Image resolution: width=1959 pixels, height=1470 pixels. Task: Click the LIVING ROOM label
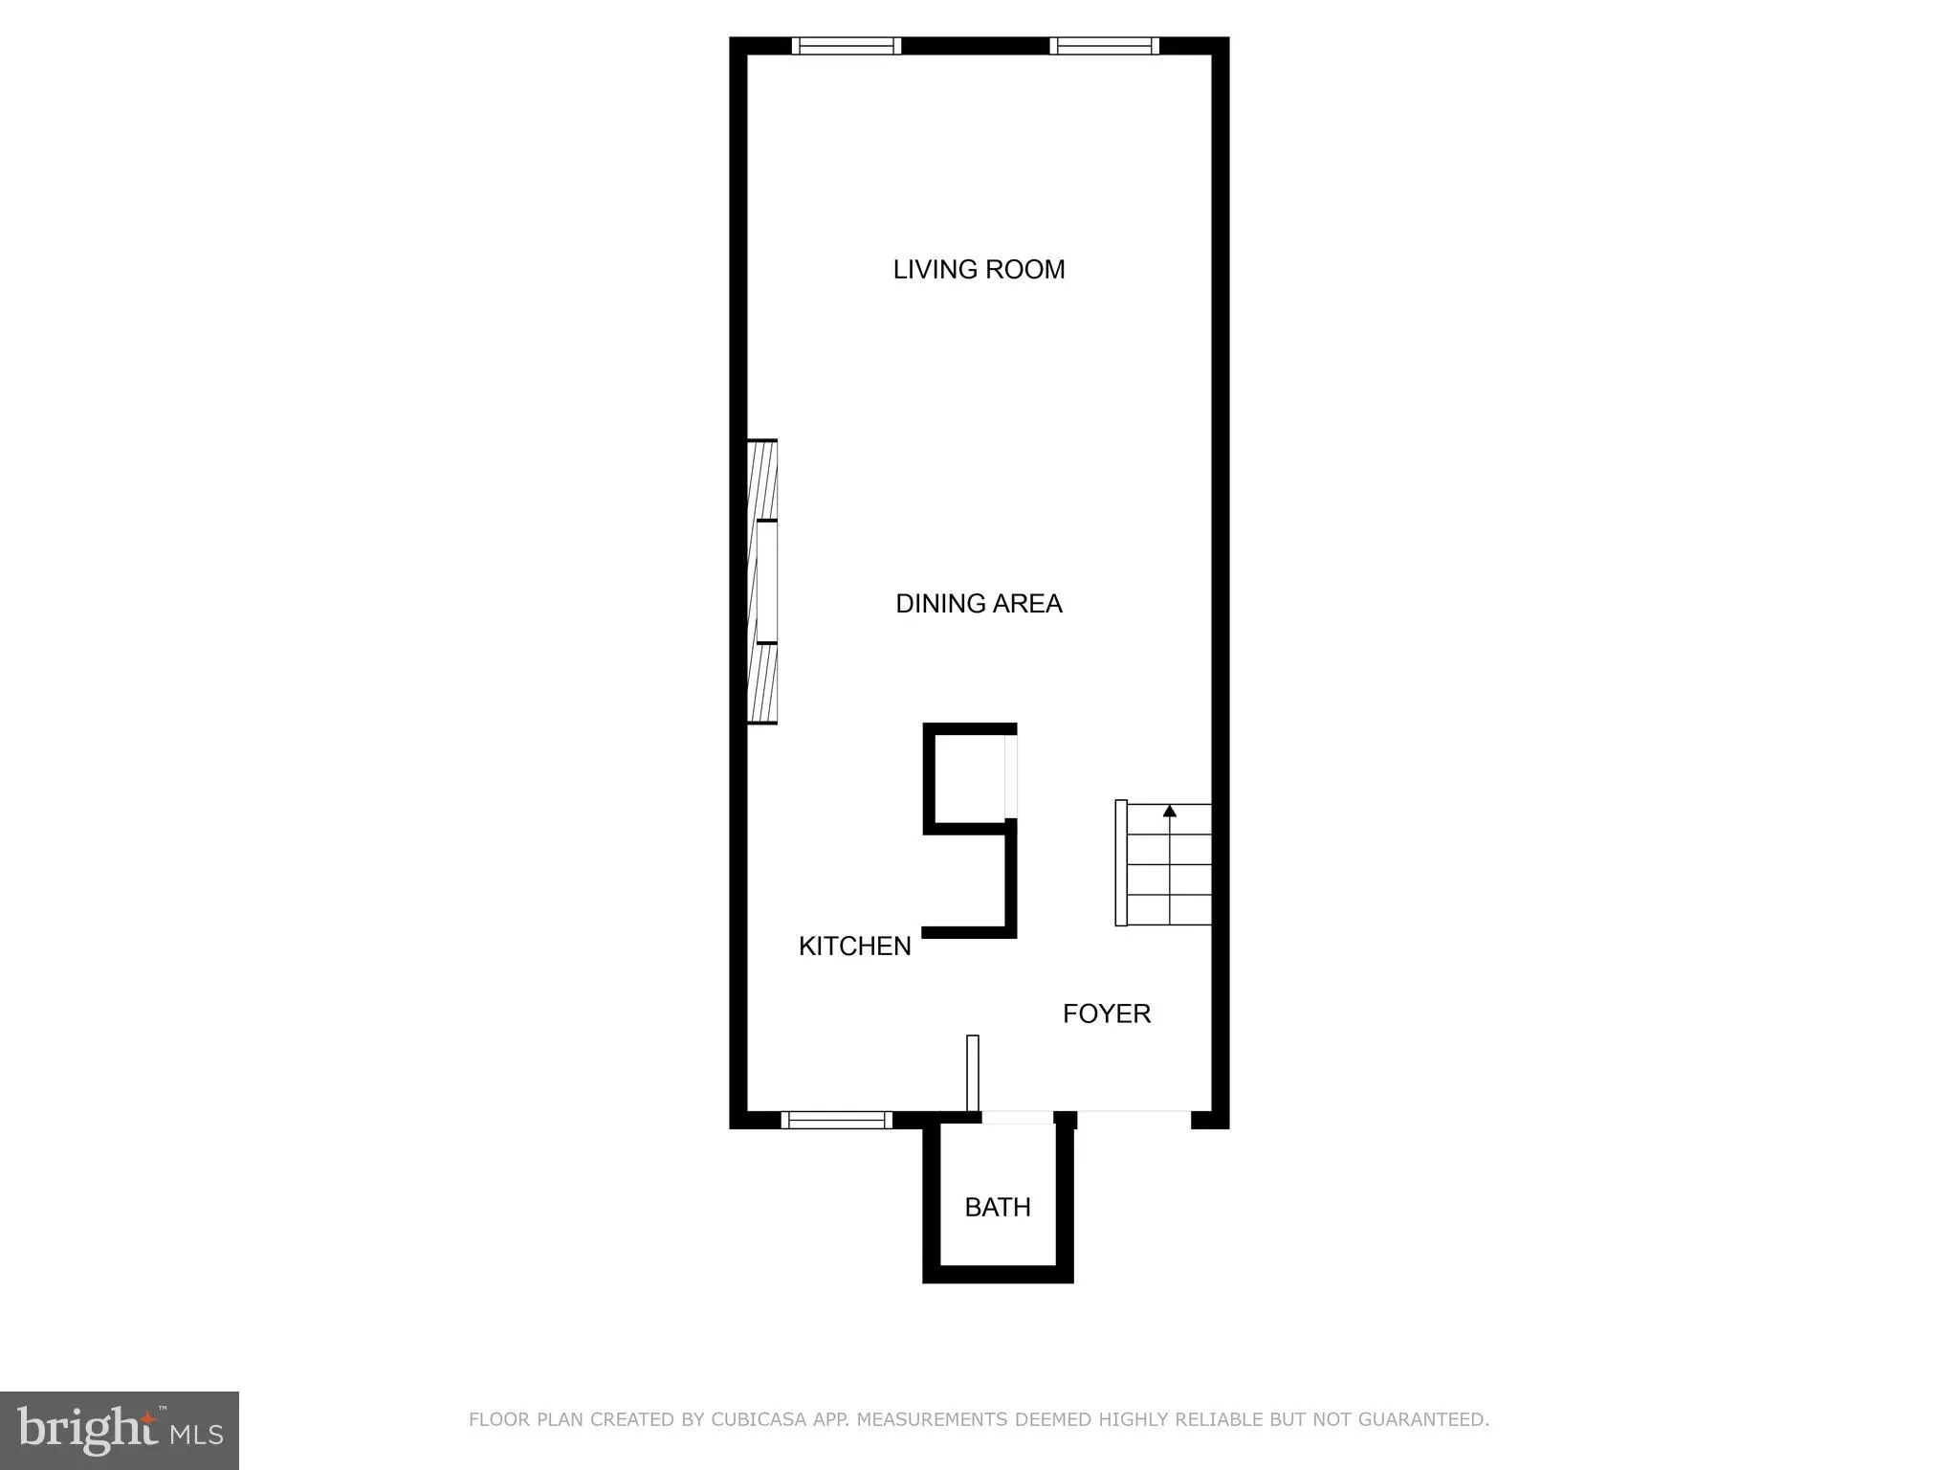979,270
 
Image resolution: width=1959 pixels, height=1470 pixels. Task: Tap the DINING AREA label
979,604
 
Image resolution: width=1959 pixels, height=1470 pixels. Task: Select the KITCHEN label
854,947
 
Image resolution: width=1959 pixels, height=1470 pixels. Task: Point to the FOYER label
1107,1013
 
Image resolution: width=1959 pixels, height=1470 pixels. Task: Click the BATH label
998,1208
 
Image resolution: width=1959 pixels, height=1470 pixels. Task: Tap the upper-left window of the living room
847,46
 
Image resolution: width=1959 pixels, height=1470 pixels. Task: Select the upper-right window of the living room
1104,46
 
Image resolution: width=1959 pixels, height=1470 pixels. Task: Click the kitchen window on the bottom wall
836,1120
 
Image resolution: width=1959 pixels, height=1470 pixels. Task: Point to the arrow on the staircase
1169,812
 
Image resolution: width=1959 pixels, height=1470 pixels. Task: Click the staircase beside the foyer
1169,866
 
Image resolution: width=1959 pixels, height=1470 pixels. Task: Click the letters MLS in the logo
196,1435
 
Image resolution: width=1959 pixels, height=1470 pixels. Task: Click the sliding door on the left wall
762,582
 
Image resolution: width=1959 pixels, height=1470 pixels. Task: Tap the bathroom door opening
1017,1118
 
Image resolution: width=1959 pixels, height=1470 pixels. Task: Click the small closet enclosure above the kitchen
967,776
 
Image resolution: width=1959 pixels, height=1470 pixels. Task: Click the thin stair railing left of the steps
1121,863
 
